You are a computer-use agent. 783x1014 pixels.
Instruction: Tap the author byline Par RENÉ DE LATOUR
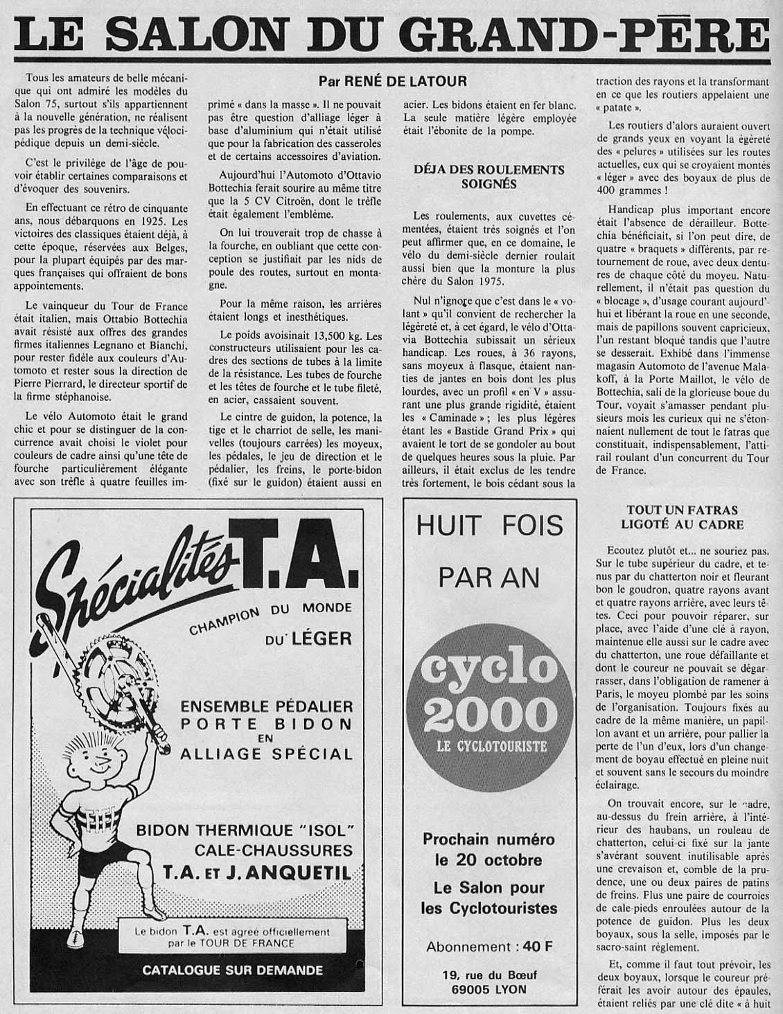point(392,81)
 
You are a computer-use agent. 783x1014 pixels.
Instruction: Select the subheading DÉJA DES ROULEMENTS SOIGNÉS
point(489,177)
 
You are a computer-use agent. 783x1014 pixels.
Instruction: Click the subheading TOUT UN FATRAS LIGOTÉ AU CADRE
point(685,517)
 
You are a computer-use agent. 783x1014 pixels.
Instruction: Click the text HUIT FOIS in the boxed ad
point(489,526)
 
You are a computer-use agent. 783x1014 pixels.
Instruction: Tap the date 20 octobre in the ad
point(489,860)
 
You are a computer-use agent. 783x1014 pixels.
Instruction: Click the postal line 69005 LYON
point(489,990)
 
